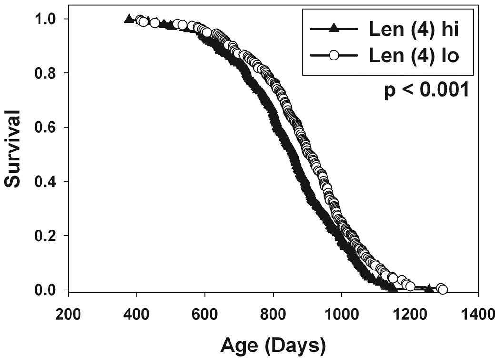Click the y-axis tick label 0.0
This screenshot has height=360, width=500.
coord(47,290)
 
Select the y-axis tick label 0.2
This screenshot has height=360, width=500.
coord(47,236)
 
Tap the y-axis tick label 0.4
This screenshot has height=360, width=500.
coord(47,181)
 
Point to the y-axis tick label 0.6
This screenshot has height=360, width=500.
coord(47,127)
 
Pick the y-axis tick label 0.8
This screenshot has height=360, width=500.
coord(47,73)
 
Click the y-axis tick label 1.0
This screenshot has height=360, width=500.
coord(47,19)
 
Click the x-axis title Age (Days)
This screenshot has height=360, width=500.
coord(273,342)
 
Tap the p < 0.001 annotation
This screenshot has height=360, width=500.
coord(427,90)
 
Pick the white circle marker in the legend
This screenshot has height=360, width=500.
coord(334,55)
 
